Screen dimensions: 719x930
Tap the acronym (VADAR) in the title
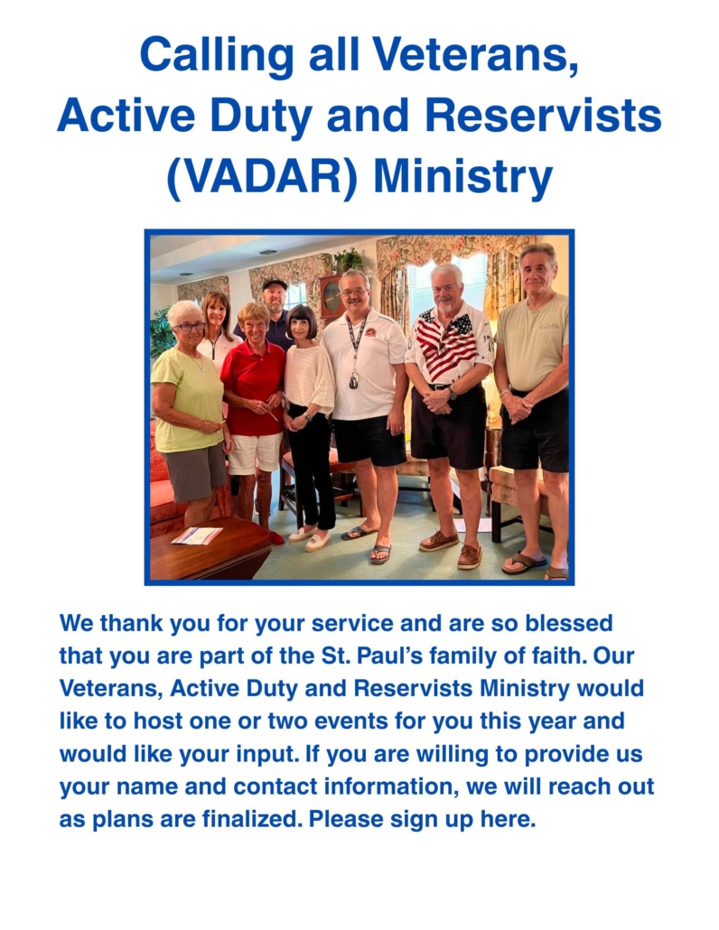pos(262,176)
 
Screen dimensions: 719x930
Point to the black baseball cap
pos(275,284)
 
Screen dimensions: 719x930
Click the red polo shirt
pos(254,386)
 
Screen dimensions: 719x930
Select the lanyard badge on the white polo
pos(353,380)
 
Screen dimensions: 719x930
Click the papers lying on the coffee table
pos(197,535)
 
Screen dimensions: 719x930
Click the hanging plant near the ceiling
pos(348,260)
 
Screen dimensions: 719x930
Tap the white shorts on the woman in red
pos(255,453)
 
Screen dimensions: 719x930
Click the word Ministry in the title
pos(462,177)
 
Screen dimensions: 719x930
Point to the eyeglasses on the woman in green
pos(190,326)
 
